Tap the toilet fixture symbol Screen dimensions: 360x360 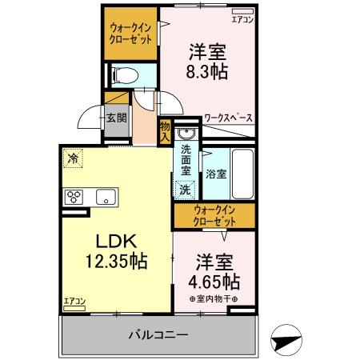125,76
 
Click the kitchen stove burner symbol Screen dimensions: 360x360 75,196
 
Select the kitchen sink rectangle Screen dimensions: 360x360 105,196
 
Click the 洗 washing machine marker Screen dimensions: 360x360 185,190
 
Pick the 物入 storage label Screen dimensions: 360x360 165,130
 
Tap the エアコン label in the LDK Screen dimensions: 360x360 74,302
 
